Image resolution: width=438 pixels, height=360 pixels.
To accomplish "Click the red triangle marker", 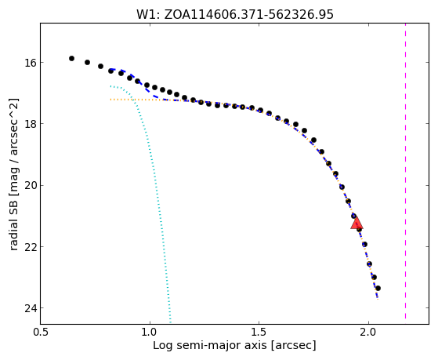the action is [357, 223].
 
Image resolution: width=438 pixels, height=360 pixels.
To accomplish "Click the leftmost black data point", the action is [71, 58].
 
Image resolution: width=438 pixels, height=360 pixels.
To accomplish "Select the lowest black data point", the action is [378, 288].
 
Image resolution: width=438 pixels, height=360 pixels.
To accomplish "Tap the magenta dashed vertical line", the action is [405, 171].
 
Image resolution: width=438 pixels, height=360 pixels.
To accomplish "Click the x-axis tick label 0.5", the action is [41, 333].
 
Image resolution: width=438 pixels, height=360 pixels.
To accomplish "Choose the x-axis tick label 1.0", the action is [150, 333].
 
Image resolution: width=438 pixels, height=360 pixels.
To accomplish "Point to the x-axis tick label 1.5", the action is [259, 333].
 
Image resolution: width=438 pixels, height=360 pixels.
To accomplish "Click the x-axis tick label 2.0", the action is [368, 333].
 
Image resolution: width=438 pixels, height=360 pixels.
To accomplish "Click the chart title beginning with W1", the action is [234, 14].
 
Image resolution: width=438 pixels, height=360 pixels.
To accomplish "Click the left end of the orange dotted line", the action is [110, 100].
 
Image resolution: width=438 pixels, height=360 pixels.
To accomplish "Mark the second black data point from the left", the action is [88, 62].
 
